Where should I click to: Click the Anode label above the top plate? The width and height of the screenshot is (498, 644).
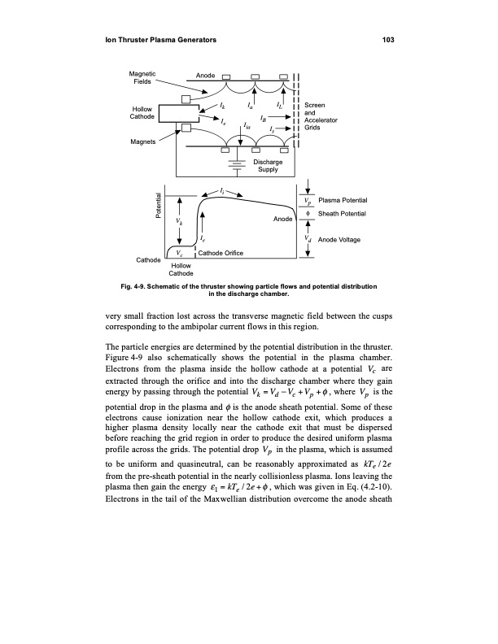206,75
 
